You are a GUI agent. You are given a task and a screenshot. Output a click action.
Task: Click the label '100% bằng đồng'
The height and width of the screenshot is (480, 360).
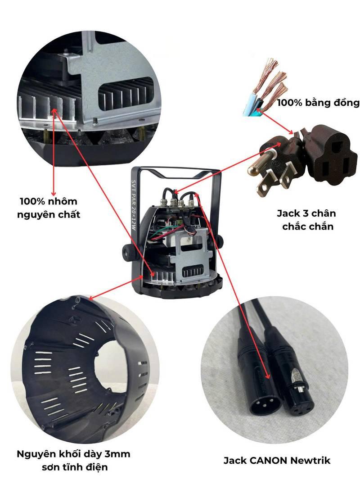(x=318, y=103)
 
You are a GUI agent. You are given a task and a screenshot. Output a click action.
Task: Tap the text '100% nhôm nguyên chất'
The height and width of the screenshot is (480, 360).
(x=49, y=208)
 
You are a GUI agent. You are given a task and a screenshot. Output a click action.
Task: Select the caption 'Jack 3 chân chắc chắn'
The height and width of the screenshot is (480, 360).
(x=306, y=220)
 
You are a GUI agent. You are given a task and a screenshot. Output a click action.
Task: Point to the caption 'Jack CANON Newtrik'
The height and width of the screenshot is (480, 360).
(x=277, y=460)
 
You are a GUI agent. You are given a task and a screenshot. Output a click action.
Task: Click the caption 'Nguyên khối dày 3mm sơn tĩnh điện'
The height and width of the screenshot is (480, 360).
(x=74, y=460)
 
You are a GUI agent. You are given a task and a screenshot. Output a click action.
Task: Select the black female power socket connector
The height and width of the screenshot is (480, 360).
(x=331, y=158)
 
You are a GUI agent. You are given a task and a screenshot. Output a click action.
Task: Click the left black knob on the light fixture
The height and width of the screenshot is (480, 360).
(x=126, y=252)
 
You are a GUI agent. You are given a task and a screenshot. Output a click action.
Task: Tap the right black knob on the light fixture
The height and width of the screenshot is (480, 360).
(x=220, y=242)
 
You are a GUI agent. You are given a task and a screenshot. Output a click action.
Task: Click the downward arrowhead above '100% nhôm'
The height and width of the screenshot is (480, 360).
(x=54, y=193)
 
